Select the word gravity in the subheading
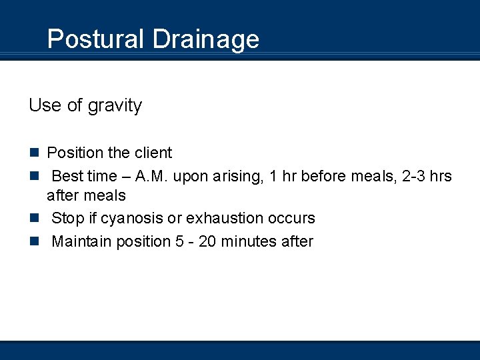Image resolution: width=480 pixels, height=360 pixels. pos(114,106)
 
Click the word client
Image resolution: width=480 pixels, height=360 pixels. pos(153,153)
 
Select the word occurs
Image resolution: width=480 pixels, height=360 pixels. pos(291,218)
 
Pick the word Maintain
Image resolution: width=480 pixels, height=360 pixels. pos(81,241)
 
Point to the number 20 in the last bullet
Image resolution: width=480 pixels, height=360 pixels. pos(207,241)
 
